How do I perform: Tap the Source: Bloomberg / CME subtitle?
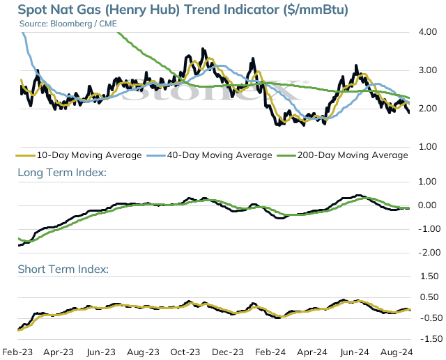pyautogui.click(x=68, y=24)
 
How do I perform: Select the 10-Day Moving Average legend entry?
pyautogui.click(x=79, y=155)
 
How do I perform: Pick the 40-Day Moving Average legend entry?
pyautogui.click(x=209, y=155)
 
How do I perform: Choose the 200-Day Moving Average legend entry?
pyautogui.click(x=342, y=155)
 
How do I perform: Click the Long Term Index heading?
pyautogui.click(x=62, y=173)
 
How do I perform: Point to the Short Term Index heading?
pyautogui.click(x=63, y=269)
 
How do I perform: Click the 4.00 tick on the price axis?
pyautogui.click(x=427, y=32)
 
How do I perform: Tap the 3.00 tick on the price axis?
pyautogui.click(x=427, y=70)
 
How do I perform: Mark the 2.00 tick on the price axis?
pyautogui.click(x=427, y=109)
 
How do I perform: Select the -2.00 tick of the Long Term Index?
pyautogui.click(x=429, y=253)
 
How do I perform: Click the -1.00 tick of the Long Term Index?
pyautogui.click(x=429, y=228)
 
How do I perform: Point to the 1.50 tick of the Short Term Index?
pyautogui.click(x=429, y=276)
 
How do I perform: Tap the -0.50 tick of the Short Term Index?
pyautogui.click(x=431, y=318)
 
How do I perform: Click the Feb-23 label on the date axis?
pyautogui.click(x=17, y=352)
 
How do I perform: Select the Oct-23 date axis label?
pyautogui.click(x=185, y=352)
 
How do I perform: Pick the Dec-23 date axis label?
pyautogui.click(x=228, y=352)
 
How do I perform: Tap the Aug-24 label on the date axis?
pyautogui.click(x=397, y=352)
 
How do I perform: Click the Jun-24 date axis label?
pyautogui.click(x=355, y=352)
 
